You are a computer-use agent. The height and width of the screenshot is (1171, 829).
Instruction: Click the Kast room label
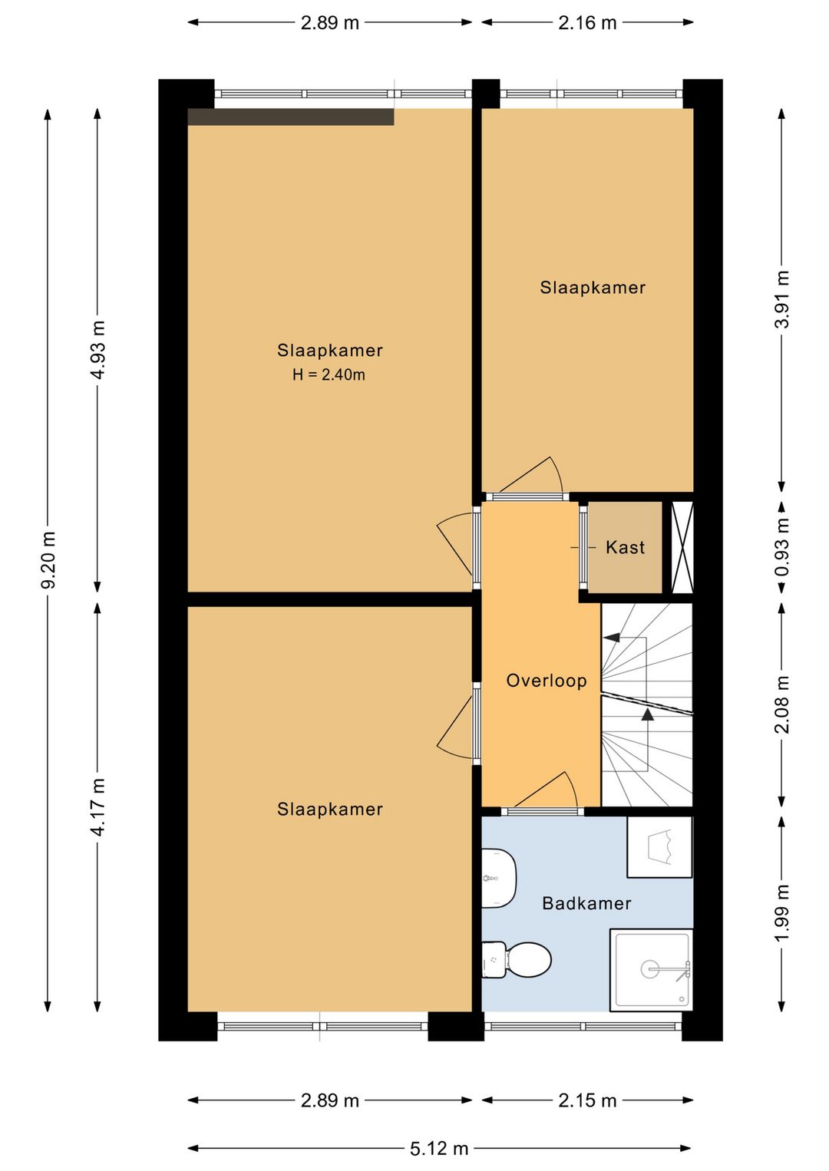(625, 547)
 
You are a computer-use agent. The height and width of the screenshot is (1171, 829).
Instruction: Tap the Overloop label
(547, 681)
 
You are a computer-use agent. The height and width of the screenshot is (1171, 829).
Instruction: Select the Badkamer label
(587, 903)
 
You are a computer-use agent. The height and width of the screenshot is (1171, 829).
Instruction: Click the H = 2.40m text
(329, 374)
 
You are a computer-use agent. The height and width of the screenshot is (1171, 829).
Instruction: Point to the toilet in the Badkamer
(517, 960)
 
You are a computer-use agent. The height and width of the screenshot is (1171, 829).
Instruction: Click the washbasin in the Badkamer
(499, 879)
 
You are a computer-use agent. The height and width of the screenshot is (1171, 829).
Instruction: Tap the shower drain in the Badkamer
(650, 969)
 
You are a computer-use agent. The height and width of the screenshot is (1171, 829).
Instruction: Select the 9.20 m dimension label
(48, 560)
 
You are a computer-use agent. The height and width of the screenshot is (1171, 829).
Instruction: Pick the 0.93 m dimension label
(781, 547)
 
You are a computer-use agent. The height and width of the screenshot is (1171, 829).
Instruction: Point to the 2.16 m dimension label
(587, 22)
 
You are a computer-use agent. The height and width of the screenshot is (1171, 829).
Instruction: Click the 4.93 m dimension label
(97, 350)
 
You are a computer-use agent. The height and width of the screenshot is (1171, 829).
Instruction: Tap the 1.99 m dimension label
(781, 912)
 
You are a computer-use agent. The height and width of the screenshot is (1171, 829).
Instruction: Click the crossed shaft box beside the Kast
(682, 547)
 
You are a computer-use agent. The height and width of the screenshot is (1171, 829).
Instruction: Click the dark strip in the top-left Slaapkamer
(291, 117)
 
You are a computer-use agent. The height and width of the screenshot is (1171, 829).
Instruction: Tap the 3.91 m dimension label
(781, 299)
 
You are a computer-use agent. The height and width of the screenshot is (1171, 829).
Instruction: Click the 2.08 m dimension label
(781, 704)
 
